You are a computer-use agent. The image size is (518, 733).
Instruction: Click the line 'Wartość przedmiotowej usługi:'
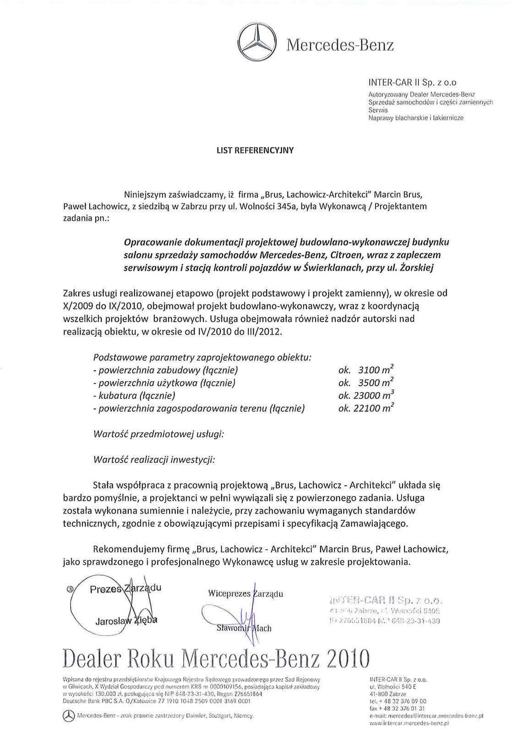[158, 433]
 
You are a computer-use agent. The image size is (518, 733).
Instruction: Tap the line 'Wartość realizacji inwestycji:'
[154, 459]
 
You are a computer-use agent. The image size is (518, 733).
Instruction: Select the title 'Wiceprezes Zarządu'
[245, 594]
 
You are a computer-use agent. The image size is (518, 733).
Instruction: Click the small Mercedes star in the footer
[69, 715]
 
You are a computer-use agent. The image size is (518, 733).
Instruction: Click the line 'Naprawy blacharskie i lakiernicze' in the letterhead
[416, 118]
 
